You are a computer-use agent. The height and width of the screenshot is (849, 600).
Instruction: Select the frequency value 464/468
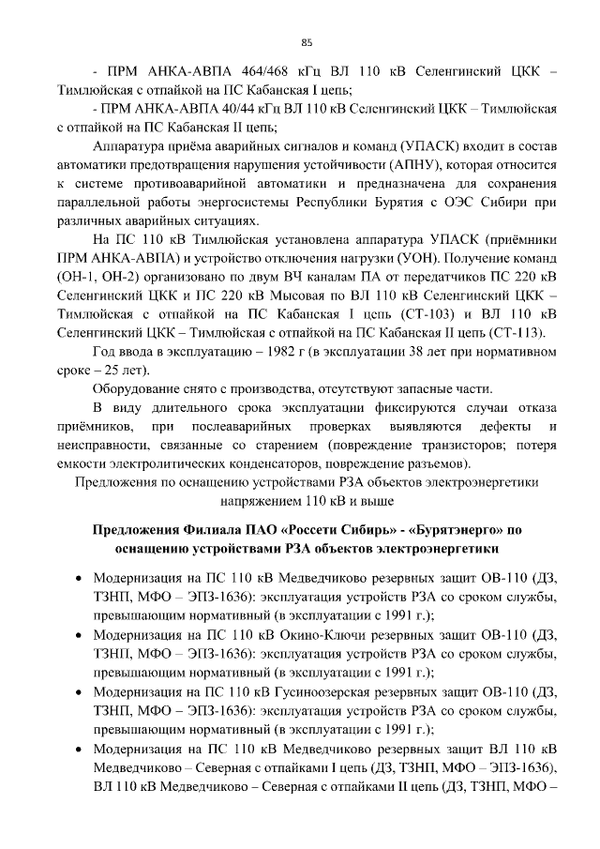(x=247, y=72)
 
